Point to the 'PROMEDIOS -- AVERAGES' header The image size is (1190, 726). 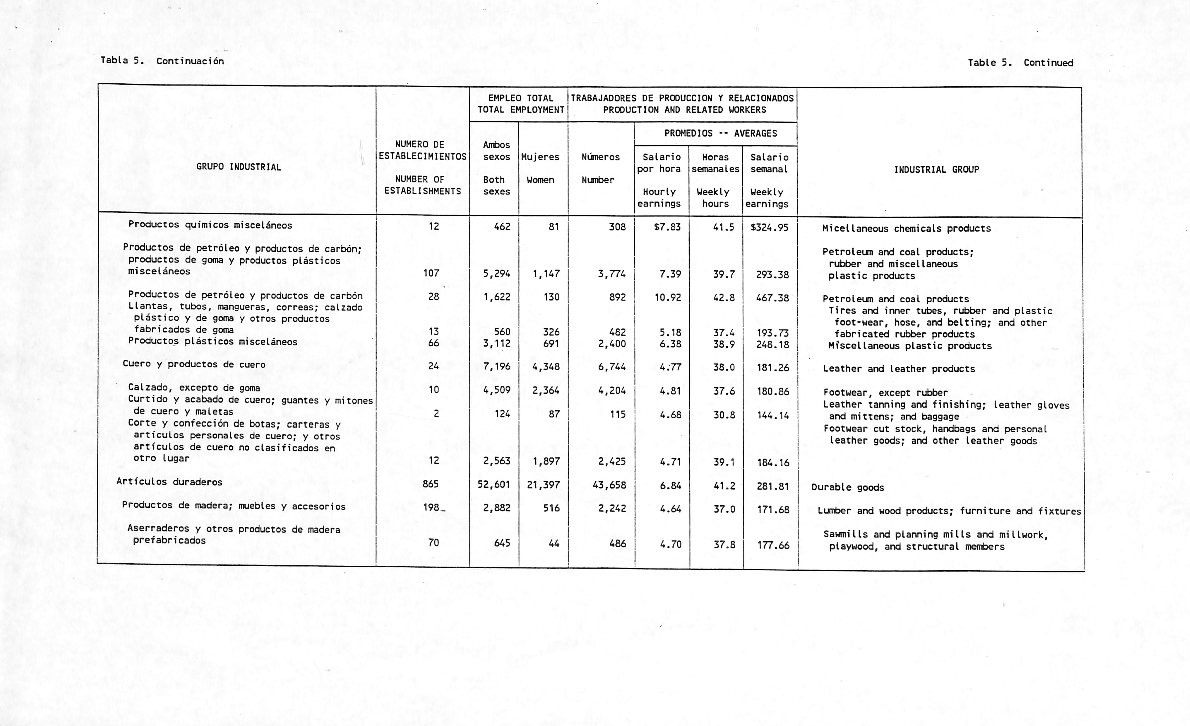(721, 133)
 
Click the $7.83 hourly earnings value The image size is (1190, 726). (667, 227)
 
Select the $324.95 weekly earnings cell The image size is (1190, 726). (769, 227)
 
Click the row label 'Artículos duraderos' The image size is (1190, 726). (169, 482)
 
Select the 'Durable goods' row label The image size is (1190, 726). (848, 487)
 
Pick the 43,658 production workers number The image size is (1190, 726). (609, 485)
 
